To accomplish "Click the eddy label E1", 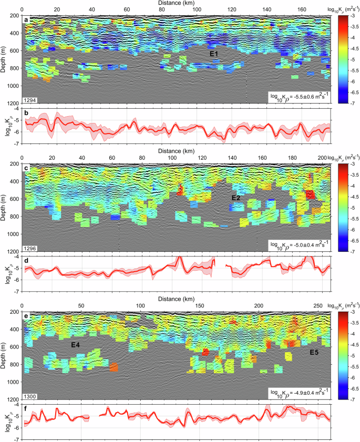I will [215, 54].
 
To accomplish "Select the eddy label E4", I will [76, 345].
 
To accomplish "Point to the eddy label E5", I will [314, 352].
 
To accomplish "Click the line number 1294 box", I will [30, 99].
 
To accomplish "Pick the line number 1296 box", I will [30, 247].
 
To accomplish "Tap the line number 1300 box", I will [30, 395].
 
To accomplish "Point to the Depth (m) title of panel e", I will [5, 355].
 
